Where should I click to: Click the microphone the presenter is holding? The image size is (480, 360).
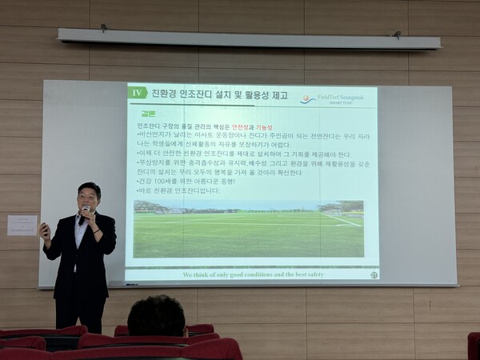(85, 211)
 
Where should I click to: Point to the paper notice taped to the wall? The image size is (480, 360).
(22, 225)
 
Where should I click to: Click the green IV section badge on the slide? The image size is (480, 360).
(138, 93)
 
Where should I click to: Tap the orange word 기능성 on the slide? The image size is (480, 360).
(265, 126)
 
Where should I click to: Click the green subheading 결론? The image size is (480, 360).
(148, 114)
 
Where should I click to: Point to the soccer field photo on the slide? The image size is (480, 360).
(247, 229)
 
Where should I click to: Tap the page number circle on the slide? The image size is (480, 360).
(374, 274)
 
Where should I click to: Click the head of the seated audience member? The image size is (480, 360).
(156, 315)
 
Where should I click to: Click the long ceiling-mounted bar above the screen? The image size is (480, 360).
(248, 38)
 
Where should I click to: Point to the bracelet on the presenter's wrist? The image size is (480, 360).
(94, 231)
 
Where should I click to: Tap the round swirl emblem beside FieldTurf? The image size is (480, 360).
(307, 99)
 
